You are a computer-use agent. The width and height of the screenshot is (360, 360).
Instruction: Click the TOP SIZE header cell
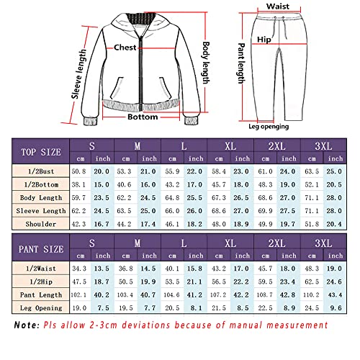(40, 152)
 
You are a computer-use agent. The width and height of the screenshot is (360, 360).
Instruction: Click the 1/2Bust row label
(40, 171)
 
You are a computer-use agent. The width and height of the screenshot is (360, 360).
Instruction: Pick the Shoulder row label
(40, 224)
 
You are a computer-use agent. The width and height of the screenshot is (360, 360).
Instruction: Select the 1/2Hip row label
(40, 282)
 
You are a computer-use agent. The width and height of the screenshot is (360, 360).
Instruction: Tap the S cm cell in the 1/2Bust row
(80, 171)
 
